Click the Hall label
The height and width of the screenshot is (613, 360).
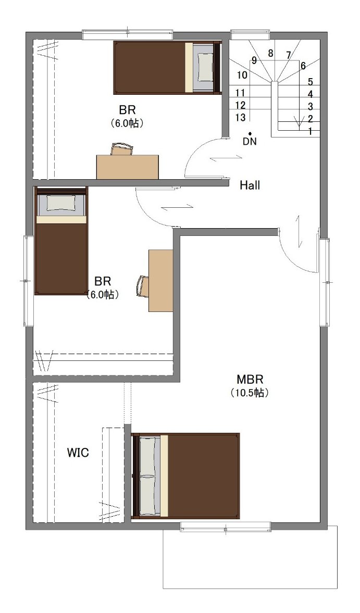[x=250, y=185]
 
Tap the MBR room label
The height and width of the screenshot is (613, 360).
[x=250, y=379]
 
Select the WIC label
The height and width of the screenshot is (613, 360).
[x=78, y=453]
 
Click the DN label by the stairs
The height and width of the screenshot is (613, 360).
[x=250, y=142]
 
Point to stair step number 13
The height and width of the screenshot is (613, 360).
[x=241, y=117]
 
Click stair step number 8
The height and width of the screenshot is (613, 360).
[x=270, y=53]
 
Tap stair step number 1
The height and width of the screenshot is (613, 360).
[x=311, y=132]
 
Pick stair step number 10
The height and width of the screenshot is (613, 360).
[x=242, y=74]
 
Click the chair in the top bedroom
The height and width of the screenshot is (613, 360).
[x=121, y=149]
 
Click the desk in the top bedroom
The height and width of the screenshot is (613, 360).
[x=128, y=167]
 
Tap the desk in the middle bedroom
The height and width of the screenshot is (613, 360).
[x=160, y=281]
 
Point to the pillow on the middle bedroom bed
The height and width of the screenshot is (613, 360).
[x=60, y=203]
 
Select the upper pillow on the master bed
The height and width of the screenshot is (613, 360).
[x=148, y=456]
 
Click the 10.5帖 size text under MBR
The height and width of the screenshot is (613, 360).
[x=250, y=393]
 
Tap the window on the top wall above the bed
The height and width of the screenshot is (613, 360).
[x=128, y=35]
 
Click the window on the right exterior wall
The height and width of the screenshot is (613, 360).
[x=325, y=282]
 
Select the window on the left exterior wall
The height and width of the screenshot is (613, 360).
[x=28, y=281]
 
